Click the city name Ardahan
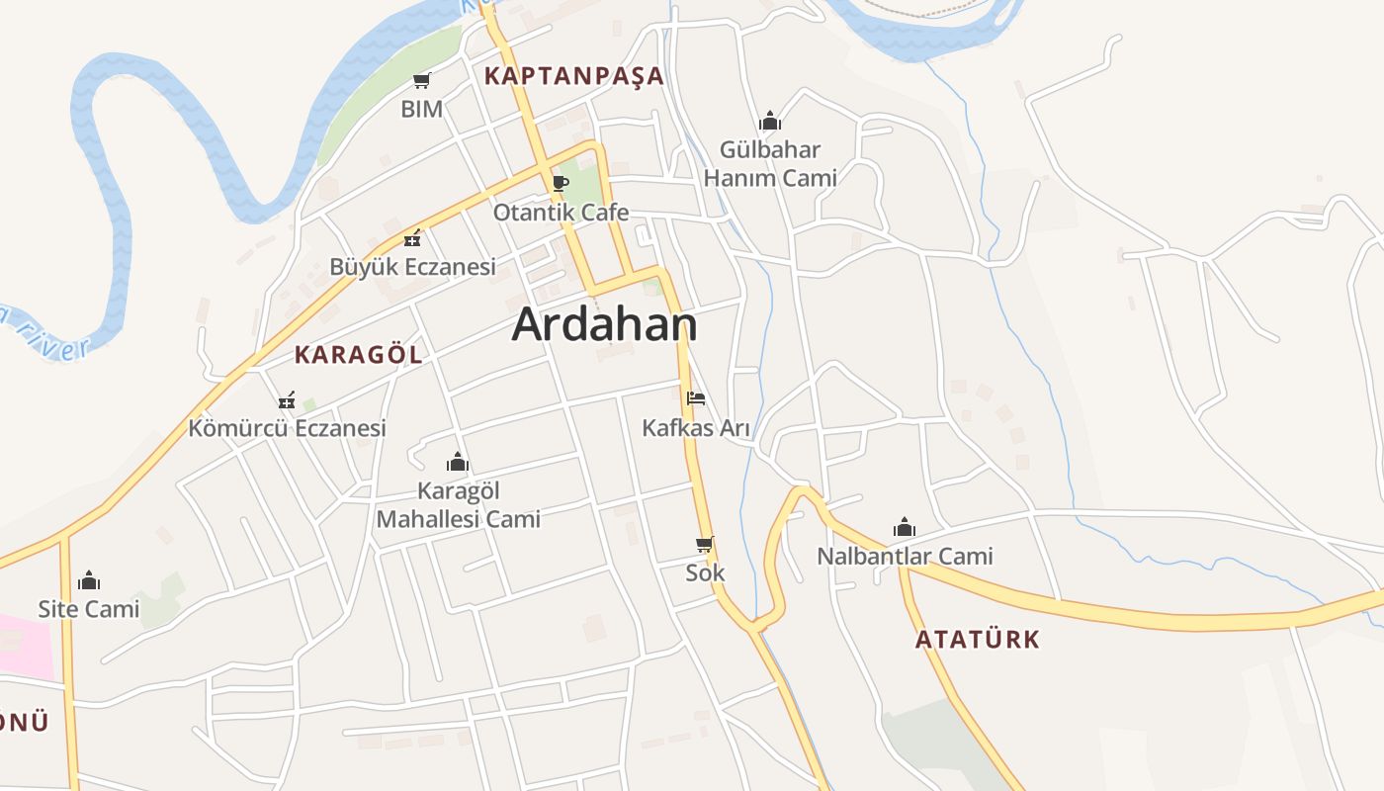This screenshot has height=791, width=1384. click(x=604, y=324)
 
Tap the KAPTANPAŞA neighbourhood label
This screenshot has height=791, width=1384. click(x=573, y=76)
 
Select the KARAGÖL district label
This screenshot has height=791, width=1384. click(x=358, y=354)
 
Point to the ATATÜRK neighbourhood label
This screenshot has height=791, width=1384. click(x=977, y=639)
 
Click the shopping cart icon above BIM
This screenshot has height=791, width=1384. click(x=421, y=80)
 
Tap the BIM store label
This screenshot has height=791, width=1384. click(x=421, y=109)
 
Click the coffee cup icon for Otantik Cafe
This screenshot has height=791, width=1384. click(x=560, y=183)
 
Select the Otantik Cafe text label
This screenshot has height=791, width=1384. click(x=561, y=213)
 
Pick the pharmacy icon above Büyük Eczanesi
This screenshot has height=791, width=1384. click(x=412, y=238)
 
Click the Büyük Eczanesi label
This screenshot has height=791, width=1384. click(x=412, y=267)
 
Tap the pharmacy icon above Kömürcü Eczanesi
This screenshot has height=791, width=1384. click(x=287, y=400)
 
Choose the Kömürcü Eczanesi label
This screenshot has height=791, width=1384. click(x=287, y=428)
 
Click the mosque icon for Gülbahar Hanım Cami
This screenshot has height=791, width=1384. click(x=770, y=122)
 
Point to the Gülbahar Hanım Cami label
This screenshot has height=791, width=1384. click(x=770, y=164)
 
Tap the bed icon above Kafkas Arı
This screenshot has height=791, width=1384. click(x=696, y=399)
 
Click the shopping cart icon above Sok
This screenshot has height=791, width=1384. click(x=705, y=544)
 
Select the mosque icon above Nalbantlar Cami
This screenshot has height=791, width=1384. click(x=905, y=527)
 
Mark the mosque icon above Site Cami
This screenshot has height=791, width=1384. click(x=89, y=579)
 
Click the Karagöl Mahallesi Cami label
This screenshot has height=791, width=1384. click(x=459, y=504)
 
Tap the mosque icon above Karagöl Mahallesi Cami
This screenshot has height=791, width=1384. click(x=458, y=462)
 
